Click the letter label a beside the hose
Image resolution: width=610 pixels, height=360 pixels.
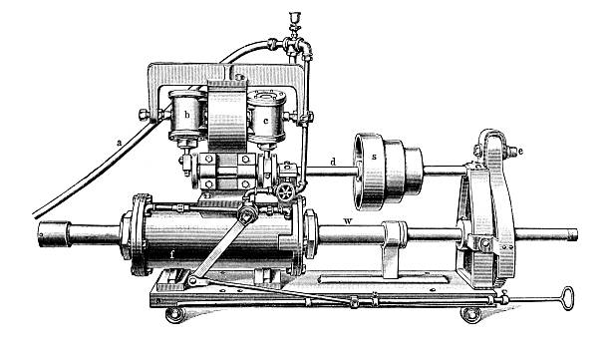click(120, 143)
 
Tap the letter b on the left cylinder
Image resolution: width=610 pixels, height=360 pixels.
click(187, 115)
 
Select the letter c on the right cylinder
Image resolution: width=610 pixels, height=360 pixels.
click(266, 121)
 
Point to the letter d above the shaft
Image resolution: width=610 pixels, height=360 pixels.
click(333, 162)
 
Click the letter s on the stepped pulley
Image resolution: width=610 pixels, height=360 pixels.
click(374, 157)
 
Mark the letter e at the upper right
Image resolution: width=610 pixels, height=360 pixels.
click(520, 152)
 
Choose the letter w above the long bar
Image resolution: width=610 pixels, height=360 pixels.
click(348, 221)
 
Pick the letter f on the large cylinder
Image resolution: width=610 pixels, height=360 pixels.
click(171, 255)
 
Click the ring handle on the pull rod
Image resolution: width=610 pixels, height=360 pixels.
click(568, 298)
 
